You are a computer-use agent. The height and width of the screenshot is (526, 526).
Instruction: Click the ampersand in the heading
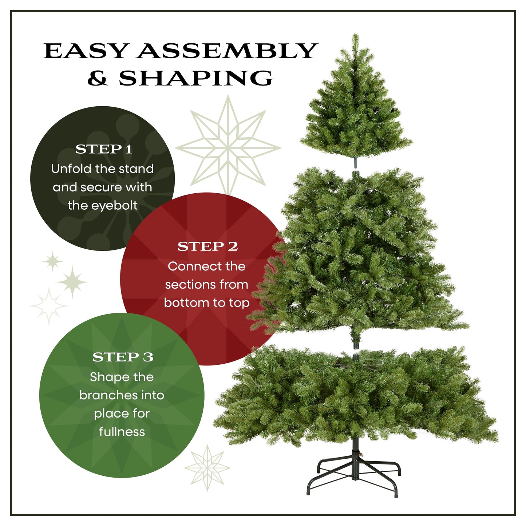pos(98,78)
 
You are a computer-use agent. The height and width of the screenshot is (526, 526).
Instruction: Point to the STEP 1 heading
pos(103,149)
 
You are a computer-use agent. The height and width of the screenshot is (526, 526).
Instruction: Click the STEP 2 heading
pos(207,247)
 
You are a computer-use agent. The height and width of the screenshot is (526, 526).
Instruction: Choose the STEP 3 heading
pos(123,357)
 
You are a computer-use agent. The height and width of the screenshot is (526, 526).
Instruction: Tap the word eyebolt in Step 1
pos(114,206)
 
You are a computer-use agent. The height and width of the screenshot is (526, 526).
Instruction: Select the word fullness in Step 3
pos(122,432)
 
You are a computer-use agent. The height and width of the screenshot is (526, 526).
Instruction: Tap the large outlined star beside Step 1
pos(228,147)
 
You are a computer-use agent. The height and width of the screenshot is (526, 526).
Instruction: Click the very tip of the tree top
pos(355,36)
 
